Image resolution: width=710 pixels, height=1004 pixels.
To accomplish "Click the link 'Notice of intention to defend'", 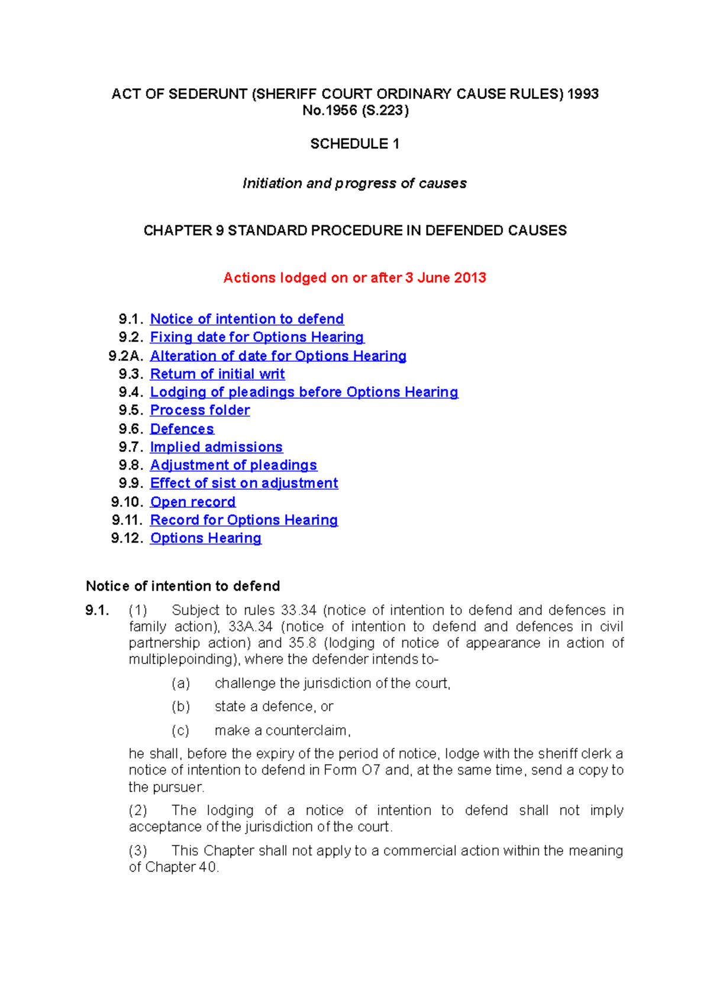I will [247, 319].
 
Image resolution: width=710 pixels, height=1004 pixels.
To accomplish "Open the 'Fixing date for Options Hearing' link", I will [257, 337].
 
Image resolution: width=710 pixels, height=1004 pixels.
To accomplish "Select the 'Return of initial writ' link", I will [217, 374].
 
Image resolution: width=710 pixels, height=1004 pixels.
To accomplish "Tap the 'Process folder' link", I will [200, 410].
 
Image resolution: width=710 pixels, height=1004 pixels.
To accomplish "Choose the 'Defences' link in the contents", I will [182, 429].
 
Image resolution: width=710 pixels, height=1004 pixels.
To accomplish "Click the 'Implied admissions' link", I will [216, 447].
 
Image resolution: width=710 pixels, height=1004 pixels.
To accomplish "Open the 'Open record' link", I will [192, 502].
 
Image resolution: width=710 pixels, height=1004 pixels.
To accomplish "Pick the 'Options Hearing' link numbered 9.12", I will [205, 538].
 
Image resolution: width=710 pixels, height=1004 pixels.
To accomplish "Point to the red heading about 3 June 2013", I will [354, 278].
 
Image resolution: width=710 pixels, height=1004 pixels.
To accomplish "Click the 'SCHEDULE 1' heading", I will [354, 144].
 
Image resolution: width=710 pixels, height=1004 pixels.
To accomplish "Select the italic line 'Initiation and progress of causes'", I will [354, 183].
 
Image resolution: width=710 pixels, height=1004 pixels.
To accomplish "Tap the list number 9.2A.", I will [126, 356].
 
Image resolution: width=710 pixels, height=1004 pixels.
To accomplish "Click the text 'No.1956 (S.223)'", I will [354, 111].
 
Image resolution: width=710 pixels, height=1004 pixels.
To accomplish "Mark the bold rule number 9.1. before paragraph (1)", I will [97, 610].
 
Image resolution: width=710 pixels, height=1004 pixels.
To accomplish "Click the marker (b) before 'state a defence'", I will [180, 707].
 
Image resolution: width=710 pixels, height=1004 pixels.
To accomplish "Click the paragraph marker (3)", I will [138, 851].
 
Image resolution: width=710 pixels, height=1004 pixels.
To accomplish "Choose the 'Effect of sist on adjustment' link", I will [244, 484].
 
